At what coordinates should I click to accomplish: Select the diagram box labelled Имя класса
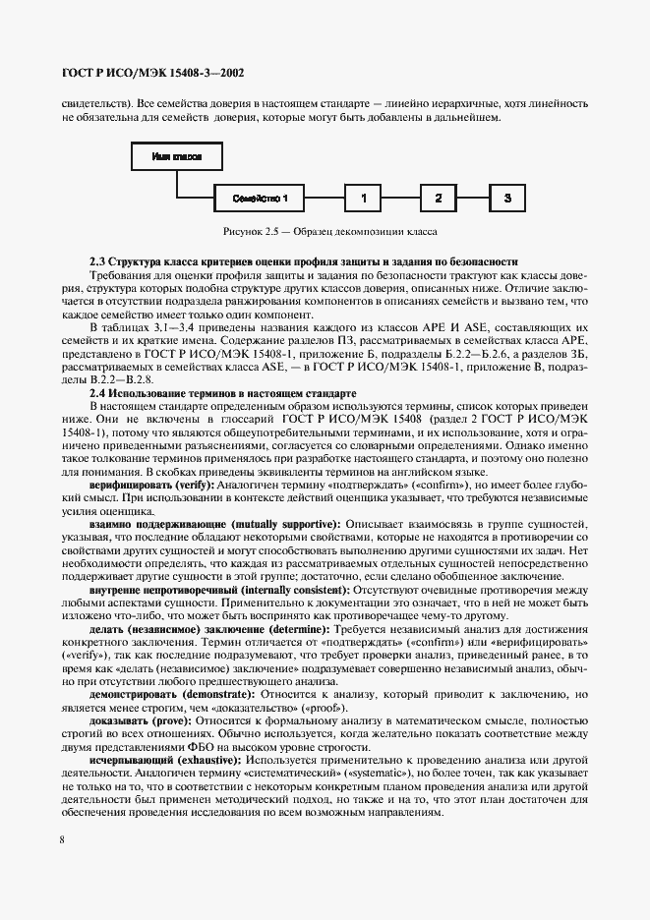pos(177,155)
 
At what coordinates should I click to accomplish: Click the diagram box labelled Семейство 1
pos(261,198)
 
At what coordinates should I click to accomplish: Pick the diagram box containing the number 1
pos(363,198)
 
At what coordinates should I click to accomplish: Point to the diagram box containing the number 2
pos(438,198)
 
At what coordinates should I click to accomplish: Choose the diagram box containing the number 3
pos(507,198)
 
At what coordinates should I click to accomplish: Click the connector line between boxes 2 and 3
pos(472,198)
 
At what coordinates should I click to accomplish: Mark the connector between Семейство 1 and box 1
pos(325,198)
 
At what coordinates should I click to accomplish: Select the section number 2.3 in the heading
pos(97,261)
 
